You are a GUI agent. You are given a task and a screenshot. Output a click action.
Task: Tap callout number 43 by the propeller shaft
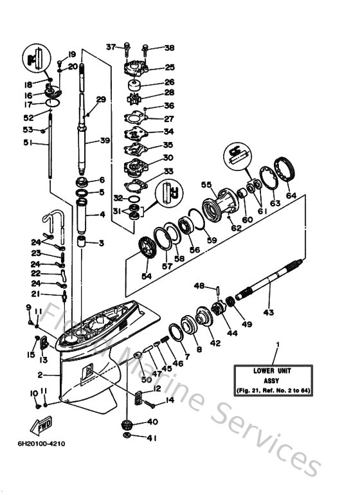tap(268, 312)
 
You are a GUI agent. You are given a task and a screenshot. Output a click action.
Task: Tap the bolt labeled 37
tap(127, 48)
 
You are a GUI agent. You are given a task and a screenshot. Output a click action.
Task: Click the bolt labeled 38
tap(146, 48)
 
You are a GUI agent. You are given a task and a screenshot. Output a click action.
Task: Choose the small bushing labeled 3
tap(82, 243)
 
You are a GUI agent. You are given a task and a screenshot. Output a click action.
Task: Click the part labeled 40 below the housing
tap(126, 423)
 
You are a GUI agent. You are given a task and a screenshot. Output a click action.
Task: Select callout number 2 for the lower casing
tap(39, 374)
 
